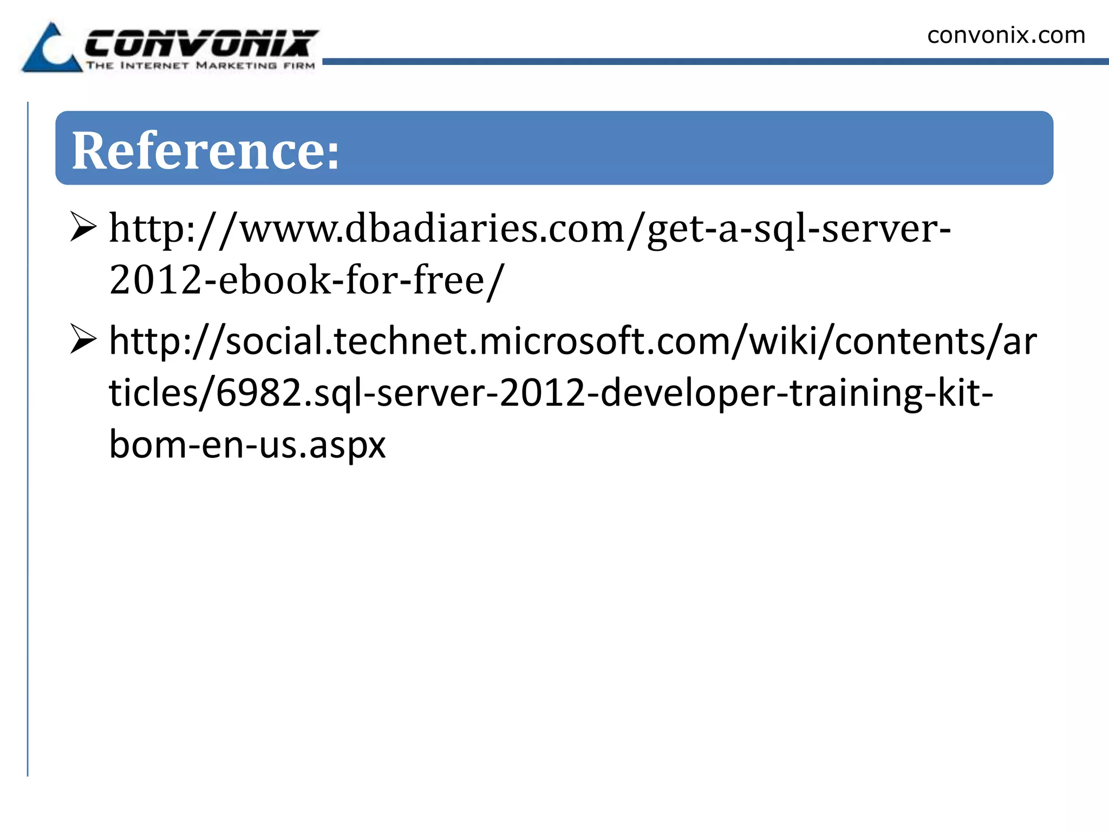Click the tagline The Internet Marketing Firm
200,66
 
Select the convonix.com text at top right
1006,36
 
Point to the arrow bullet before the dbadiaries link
83,227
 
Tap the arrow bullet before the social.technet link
83,340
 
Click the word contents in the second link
910,341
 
